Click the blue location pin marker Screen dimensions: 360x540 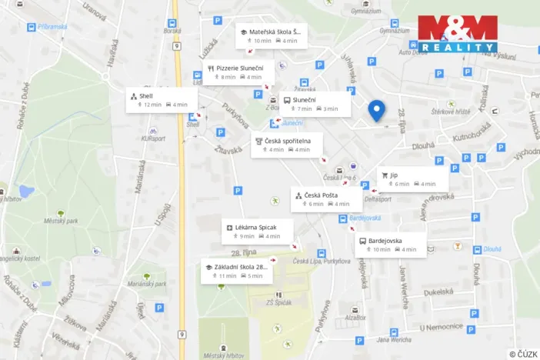pyautogui.click(x=376, y=110)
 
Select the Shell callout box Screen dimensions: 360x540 pyautogui.click(x=162, y=100)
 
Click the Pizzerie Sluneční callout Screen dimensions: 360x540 pyautogui.click(x=239, y=72)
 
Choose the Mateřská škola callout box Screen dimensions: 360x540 pyautogui.click(x=271, y=35)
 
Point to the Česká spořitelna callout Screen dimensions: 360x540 pyautogui.click(x=287, y=145)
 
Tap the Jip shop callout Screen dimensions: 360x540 pyautogui.click(x=412, y=179)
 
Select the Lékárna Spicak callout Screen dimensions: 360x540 pyautogui.click(x=258, y=231)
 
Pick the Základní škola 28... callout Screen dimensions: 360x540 pyautogui.click(x=238, y=271)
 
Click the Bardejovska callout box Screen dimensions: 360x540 pyautogui.click(x=390, y=245)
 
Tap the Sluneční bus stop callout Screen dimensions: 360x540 pyautogui.click(x=314, y=104)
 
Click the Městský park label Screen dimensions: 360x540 pyautogui.click(x=62, y=222)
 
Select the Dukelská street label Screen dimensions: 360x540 pyautogui.click(x=437, y=292)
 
